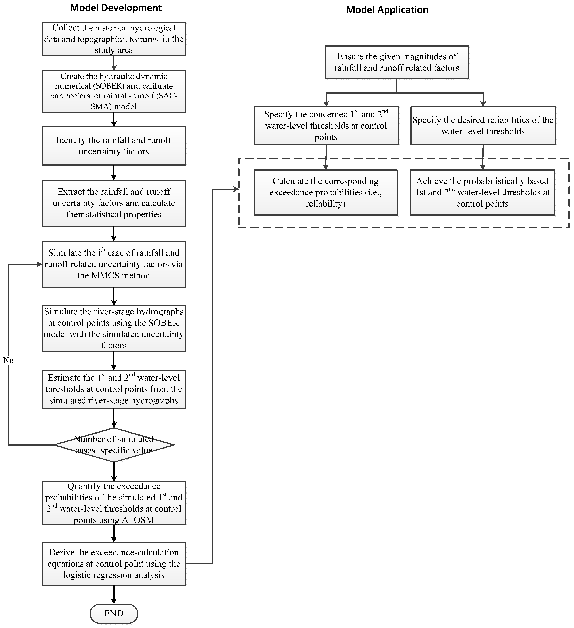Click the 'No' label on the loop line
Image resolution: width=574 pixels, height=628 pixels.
click(8, 360)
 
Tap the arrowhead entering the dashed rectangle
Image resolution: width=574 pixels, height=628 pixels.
click(236, 189)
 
